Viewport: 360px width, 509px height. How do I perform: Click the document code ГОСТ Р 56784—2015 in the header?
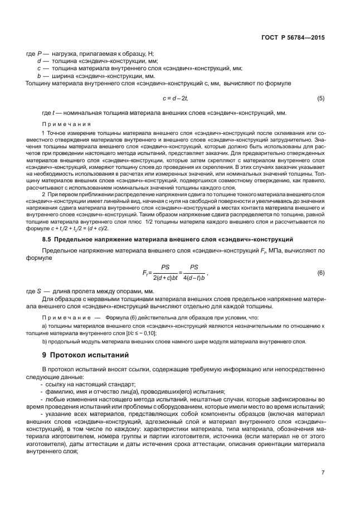(x=293, y=37)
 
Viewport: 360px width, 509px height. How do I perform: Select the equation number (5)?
(x=320, y=99)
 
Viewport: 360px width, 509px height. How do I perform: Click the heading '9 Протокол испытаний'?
(x=86, y=355)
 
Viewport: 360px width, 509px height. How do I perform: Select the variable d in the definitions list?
(x=38, y=60)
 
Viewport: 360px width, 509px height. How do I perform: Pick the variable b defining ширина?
(x=38, y=75)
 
